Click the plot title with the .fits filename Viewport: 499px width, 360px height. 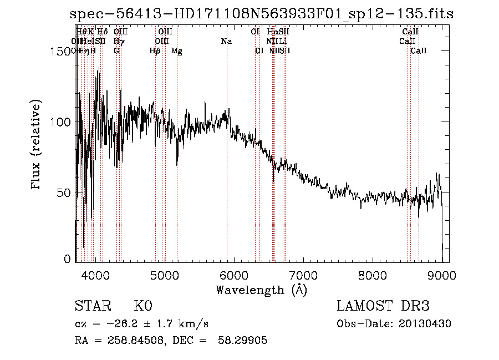tap(262, 14)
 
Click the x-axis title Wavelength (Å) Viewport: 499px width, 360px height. tap(261, 290)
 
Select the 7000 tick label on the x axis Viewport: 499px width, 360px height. tap(303, 275)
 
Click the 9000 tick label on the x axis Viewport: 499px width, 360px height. tap(441, 275)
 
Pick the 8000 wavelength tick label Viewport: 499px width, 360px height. tap(372, 275)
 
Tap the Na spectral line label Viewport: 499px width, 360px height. tap(226, 42)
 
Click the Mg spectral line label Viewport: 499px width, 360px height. tap(177, 51)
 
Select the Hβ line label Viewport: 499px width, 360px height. tap(155, 51)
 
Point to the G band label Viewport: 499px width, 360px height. tap(116, 51)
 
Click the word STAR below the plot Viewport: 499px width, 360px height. tap(93, 306)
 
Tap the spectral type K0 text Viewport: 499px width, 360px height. tap(143, 306)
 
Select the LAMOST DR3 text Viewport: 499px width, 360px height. tap(383, 306)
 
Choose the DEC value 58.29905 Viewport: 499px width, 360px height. tap(244, 341)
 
